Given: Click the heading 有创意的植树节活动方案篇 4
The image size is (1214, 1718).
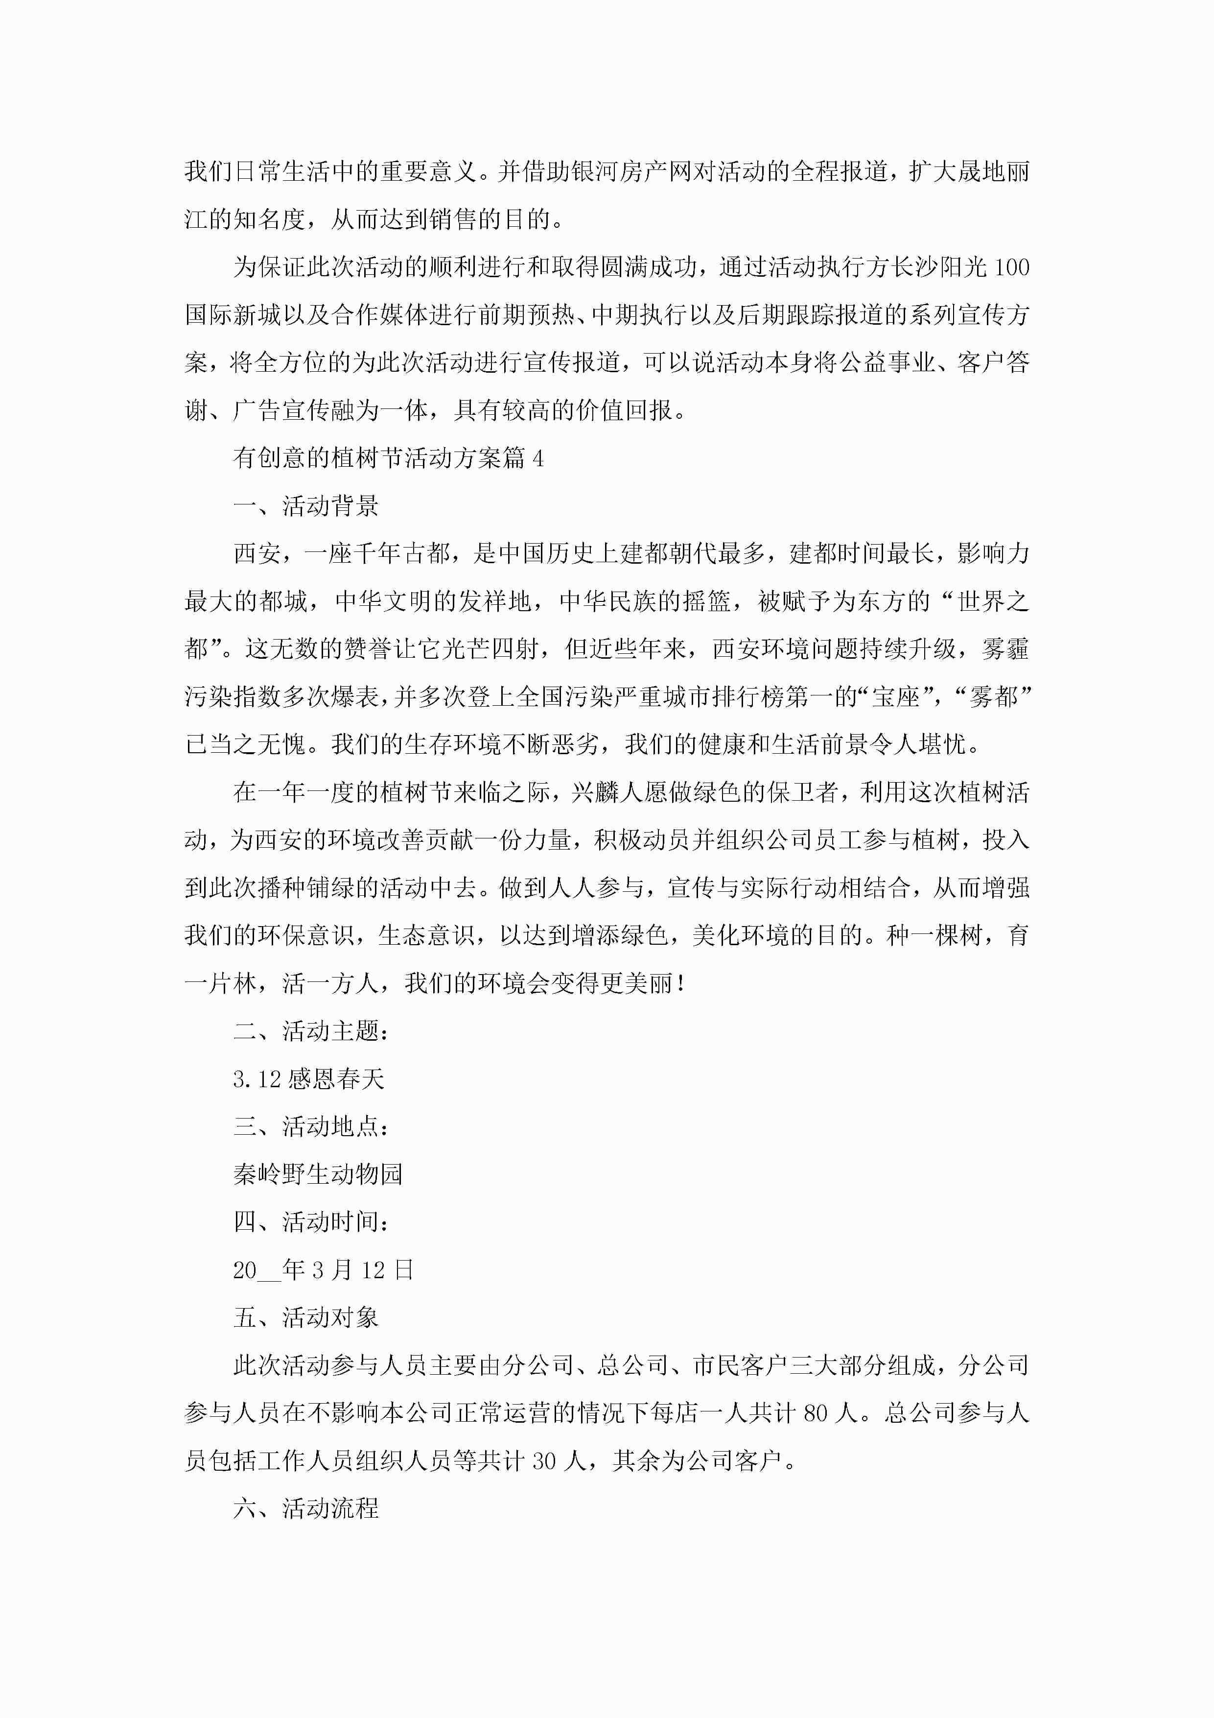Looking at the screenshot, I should (388, 458).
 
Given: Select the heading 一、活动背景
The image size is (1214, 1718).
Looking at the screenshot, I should (306, 506).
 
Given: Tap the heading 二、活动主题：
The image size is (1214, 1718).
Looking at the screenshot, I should (311, 1031).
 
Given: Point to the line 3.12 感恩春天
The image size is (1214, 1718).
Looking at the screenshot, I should (308, 1079).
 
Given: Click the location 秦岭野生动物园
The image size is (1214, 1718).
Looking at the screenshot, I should (318, 1174).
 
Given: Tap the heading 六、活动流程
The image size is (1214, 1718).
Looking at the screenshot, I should (306, 1508).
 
